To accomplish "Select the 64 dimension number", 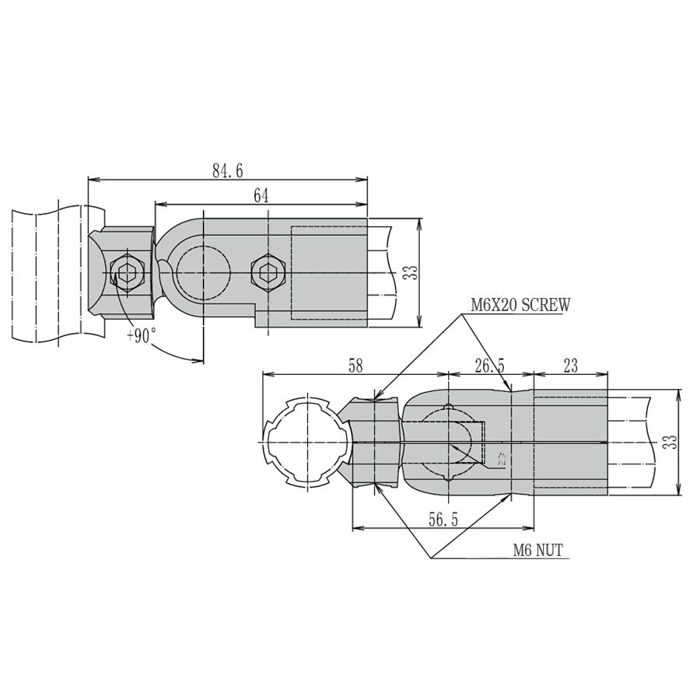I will (x=261, y=196).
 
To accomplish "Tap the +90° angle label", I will (x=141, y=335).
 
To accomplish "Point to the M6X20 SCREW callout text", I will (x=520, y=305).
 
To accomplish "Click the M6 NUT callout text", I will (x=537, y=551).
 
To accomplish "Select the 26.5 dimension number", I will (x=489, y=366).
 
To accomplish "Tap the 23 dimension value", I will (x=570, y=366).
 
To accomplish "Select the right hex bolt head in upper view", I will (x=268, y=272).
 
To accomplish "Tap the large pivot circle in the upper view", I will (x=203, y=272).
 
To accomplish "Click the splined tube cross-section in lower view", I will (x=303, y=442).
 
